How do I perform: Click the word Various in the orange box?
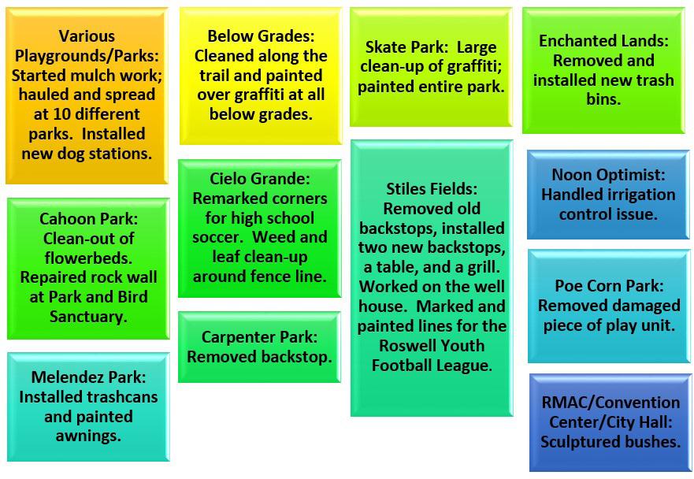87,36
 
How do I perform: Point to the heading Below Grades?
261,36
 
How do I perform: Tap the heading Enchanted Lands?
603,41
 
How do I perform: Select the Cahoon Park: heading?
88,219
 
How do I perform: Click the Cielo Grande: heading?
260,179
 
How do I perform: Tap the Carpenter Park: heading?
259,337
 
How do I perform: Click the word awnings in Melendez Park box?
88,436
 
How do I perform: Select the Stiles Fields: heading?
432,189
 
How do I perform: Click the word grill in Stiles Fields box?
485,267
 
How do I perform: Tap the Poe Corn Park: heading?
609,286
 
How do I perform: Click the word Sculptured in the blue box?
576,442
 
